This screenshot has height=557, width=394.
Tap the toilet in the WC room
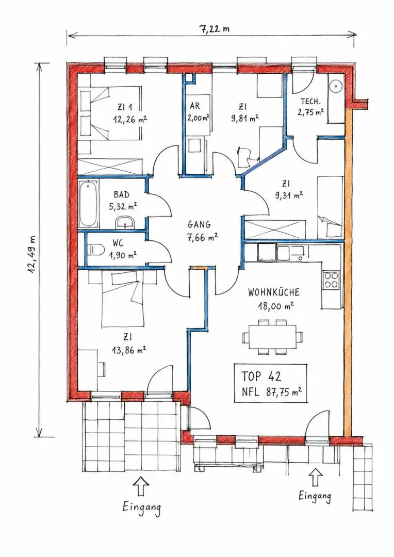click(94, 249)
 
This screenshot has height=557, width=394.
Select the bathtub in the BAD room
click(88, 204)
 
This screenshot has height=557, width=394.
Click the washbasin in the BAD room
click(124, 222)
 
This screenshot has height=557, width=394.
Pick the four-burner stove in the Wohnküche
click(331, 279)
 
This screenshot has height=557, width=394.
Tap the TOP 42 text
click(261, 376)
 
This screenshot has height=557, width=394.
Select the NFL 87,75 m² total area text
click(272, 392)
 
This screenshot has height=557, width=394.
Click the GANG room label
click(199, 225)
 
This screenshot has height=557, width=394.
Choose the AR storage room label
click(195, 106)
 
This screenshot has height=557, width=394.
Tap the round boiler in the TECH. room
click(335, 86)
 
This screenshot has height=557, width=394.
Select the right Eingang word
click(315, 496)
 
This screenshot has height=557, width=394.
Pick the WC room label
click(118, 243)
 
